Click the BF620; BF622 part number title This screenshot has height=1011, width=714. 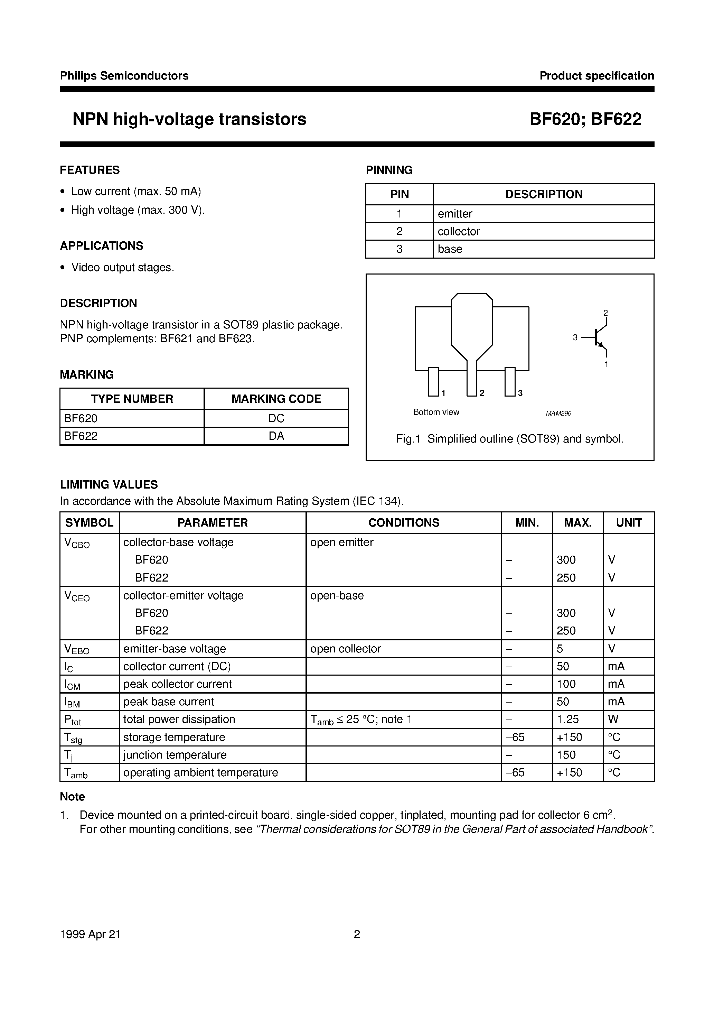click(585, 119)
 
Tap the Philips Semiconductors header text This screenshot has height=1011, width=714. click(124, 76)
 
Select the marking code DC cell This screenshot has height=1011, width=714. click(276, 418)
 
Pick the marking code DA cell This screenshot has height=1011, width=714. click(276, 436)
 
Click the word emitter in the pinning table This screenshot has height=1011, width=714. click(455, 214)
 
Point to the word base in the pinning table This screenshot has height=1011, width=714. click(450, 249)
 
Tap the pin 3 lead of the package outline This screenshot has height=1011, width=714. click(510, 382)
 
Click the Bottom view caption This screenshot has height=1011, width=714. click(436, 412)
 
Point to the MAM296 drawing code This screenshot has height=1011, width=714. click(558, 414)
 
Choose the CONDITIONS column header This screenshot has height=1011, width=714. click(403, 523)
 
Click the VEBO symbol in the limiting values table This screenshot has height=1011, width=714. click(77, 649)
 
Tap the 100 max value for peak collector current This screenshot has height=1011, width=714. click(566, 684)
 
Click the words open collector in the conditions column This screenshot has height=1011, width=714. click(345, 649)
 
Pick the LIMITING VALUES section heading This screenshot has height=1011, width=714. click(109, 484)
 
